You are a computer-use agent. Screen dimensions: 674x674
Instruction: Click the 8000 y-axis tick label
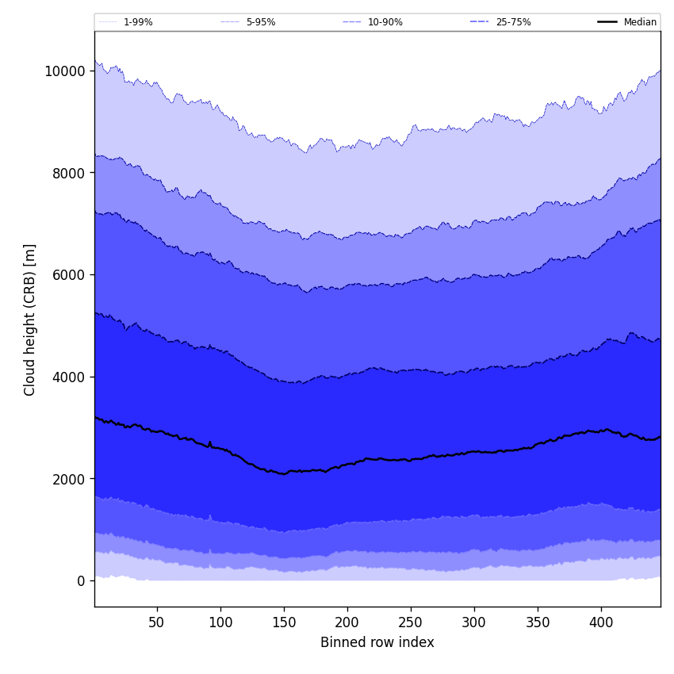tap(67, 173)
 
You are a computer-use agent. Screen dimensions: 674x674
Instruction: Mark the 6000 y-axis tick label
tap(67, 274)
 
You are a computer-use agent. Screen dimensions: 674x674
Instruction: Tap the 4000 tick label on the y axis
tap(67, 377)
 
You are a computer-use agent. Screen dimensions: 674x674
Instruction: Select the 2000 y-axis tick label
tap(67, 479)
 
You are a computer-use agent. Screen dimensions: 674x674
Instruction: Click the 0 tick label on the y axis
tap(80, 580)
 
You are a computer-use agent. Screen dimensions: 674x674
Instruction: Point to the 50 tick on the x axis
tap(157, 622)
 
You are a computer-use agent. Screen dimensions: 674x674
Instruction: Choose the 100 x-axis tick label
tap(220, 622)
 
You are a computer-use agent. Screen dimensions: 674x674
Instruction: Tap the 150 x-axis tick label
tap(284, 622)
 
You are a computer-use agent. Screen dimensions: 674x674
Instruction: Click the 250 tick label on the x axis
tap(411, 622)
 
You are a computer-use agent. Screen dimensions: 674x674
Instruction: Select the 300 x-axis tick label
tap(474, 622)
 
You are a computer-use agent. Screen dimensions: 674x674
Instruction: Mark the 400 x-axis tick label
tap(601, 622)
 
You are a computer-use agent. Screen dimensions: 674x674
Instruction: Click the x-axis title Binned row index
tap(377, 642)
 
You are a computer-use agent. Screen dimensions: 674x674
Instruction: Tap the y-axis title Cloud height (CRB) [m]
tap(30, 320)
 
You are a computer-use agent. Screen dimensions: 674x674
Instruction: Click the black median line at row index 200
tap(347, 465)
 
